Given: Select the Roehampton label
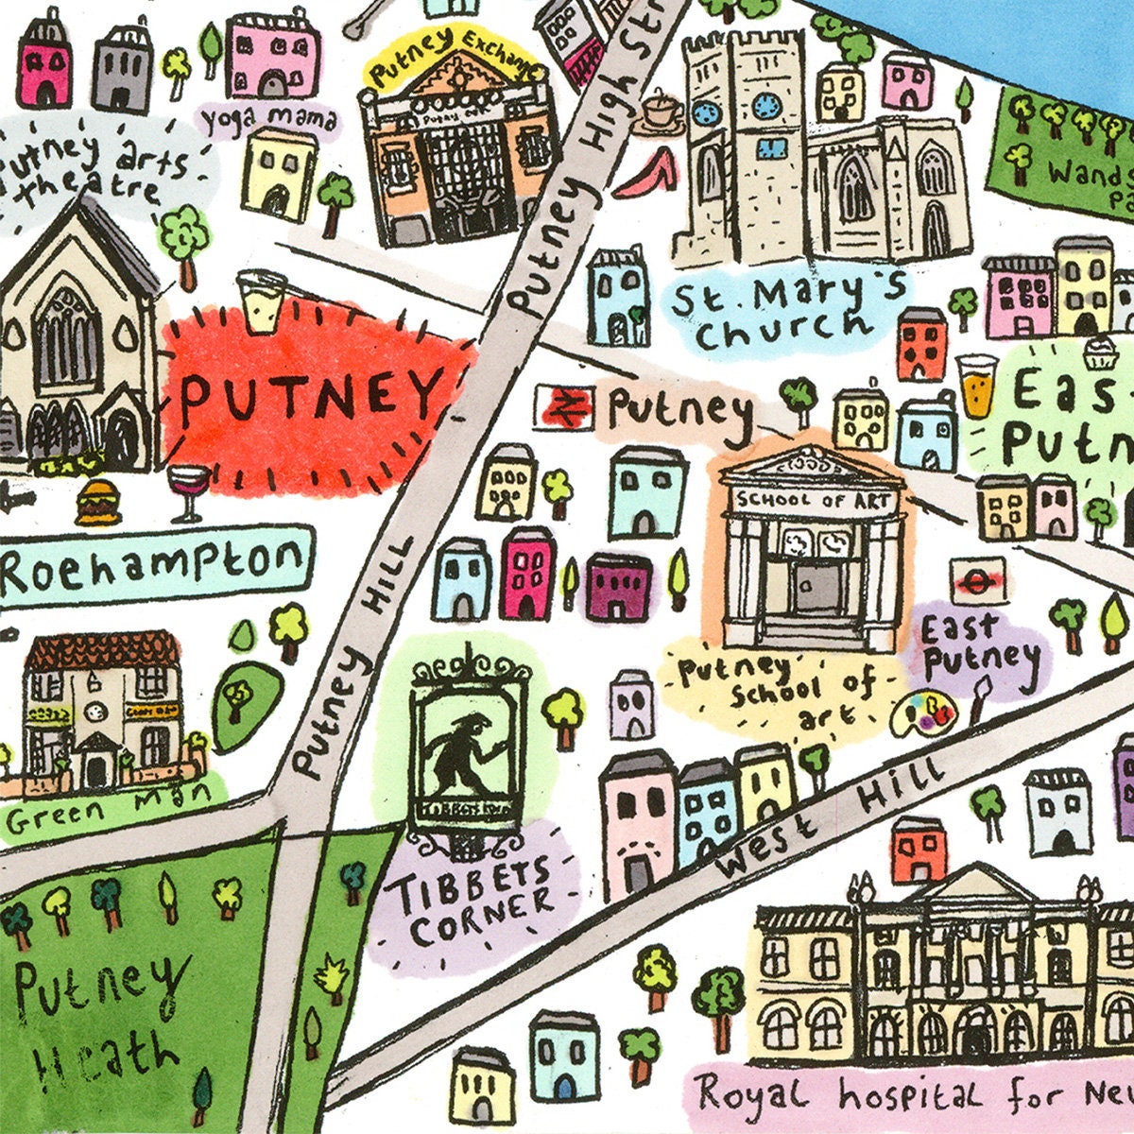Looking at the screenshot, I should pyautogui.click(x=153, y=567).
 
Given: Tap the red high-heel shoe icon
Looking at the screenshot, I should pyautogui.click(x=646, y=175).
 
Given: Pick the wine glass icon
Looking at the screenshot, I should pyautogui.click(x=187, y=491).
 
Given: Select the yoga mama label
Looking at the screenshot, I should pyautogui.click(x=267, y=120).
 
